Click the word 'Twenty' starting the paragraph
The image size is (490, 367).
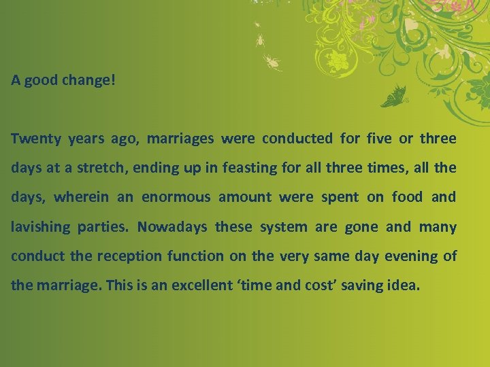pos(36,139)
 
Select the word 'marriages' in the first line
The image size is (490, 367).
pos(180,139)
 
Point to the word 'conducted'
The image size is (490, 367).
pos(297,139)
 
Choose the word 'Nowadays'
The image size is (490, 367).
pos(173,227)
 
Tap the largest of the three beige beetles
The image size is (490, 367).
pos(272,63)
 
